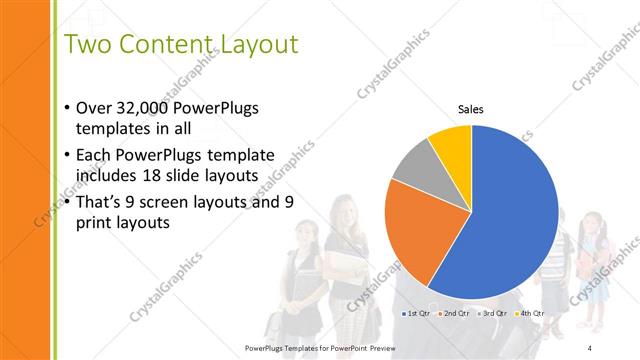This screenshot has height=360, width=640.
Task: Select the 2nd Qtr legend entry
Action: [456, 314]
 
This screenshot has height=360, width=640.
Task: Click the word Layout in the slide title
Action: [247, 45]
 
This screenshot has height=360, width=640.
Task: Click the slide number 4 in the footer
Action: [589, 347]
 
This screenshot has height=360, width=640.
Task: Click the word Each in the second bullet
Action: [95, 155]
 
